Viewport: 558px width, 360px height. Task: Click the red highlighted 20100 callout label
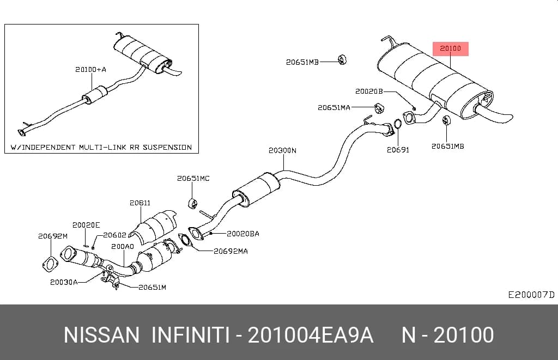450,48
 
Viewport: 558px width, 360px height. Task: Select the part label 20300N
282,150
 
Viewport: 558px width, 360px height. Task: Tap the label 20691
398,150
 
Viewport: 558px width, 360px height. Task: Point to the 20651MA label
334,107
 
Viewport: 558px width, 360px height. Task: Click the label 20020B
369,91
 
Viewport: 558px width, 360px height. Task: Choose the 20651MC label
193,178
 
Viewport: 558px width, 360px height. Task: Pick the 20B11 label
140,203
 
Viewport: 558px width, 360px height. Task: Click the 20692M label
53,236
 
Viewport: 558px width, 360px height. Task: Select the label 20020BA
243,234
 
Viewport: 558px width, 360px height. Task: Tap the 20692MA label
231,251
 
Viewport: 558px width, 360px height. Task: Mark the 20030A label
64,282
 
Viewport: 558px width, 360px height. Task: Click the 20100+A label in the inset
91,69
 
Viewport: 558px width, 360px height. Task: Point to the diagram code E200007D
531,295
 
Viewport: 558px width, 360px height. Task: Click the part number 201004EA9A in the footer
310,335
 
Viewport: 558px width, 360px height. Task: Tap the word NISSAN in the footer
101,335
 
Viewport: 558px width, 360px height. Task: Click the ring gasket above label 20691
398,124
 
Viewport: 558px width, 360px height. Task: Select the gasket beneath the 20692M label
50,266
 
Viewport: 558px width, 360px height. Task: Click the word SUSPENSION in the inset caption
167,147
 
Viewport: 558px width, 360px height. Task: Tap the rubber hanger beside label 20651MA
378,108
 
